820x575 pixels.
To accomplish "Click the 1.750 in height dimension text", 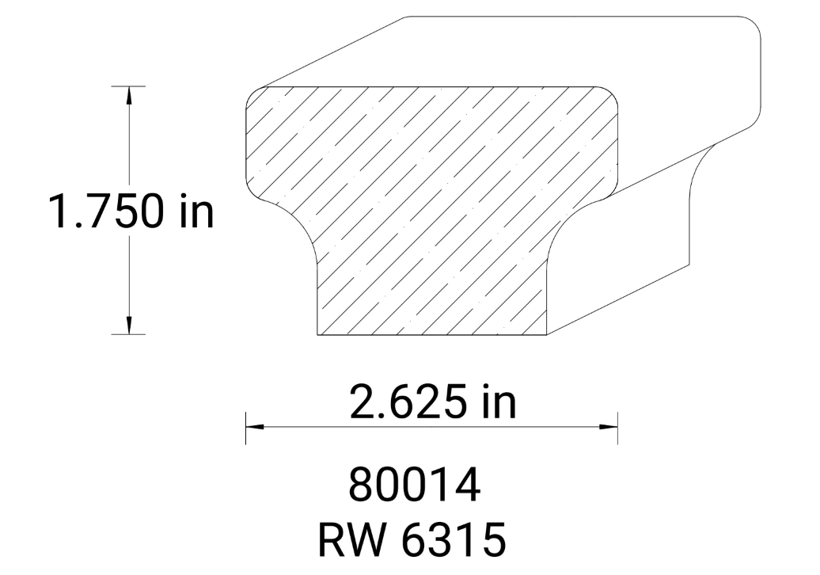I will (131, 211).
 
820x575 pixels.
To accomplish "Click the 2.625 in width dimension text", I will (432, 402).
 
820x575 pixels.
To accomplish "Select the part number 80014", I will (414, 486).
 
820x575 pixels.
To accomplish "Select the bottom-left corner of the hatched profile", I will (318, 334).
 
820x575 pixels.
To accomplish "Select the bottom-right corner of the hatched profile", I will (547, 334).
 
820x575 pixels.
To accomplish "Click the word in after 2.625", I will (498, 402).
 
